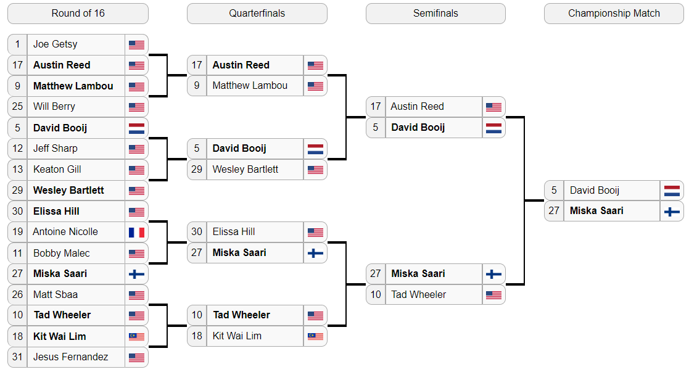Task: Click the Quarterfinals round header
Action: click(x=257, y=14)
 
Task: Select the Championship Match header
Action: click(x=614, y=14)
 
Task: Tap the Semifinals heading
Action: click(x=435, y=14)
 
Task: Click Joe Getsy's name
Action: click(x=56, y=44)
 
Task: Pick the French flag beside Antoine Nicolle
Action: click(x=137, y=232)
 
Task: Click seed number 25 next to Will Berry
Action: click(x=17, y=106)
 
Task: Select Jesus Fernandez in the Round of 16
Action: click(x=71, y=357)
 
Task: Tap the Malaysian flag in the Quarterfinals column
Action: click(x=315, y=336)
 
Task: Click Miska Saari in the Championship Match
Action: click(x=596, y=210)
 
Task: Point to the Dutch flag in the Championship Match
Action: click(x=672, y=191)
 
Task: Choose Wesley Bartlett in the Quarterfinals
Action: click(x=245, y=169)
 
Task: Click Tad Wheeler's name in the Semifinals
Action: click(x=419, y=295)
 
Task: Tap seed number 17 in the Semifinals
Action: click(x=376, y=106)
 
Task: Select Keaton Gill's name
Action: click(x=57, y=169)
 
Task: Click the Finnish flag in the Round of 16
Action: click(x=137, y=274)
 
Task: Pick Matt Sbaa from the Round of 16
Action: click(x=56, y=295)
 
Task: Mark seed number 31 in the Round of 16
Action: click(x=17, y=357)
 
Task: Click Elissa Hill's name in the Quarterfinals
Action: click(x=234, y=232)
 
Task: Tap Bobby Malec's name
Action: click(x=62, y=254)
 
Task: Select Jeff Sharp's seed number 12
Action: click(x=17, y=149)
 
